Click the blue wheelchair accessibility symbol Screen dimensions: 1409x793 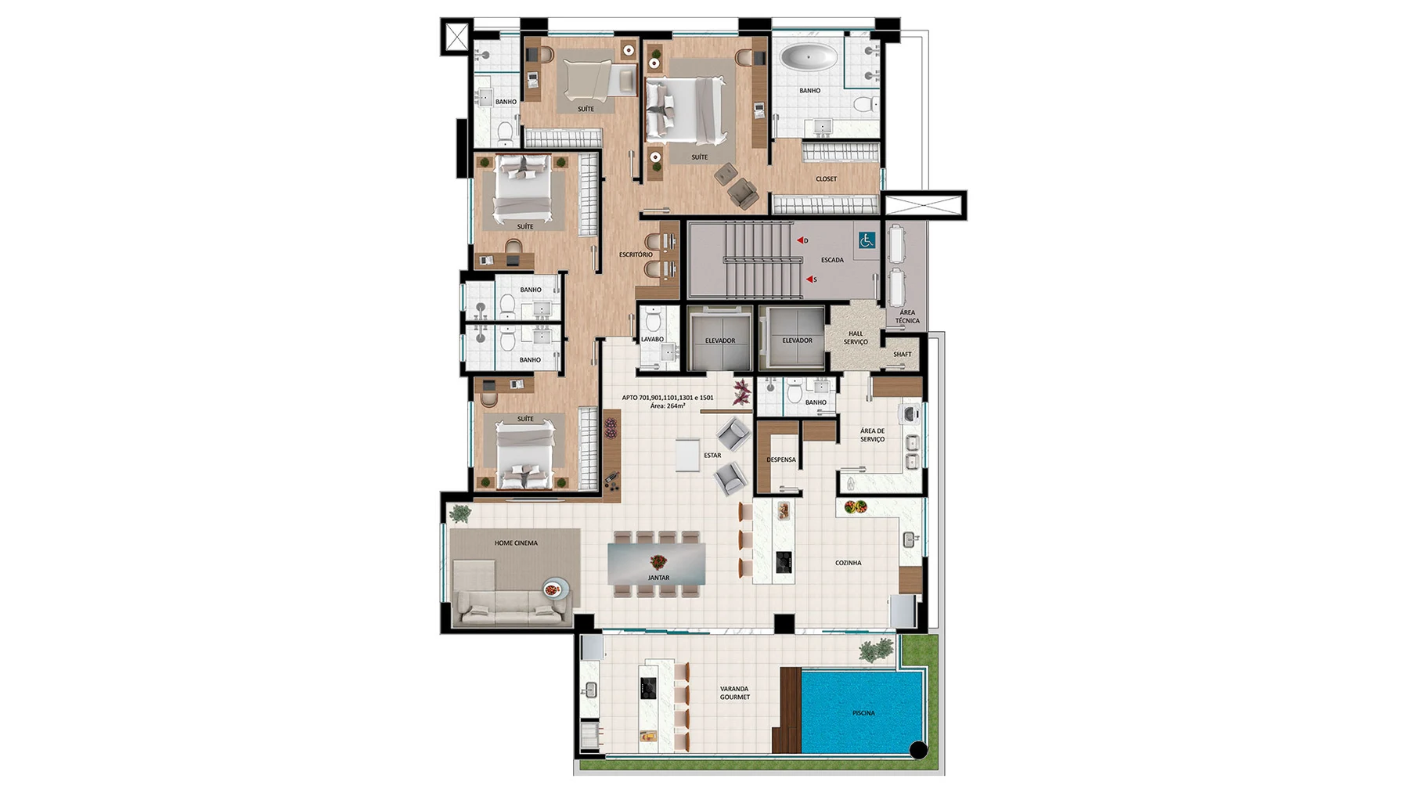866,240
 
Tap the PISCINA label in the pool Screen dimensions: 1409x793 863,713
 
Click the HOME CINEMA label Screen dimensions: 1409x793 516,542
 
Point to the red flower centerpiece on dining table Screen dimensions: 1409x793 658,561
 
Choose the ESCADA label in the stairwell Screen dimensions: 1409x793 832,260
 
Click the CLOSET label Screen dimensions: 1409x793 826,179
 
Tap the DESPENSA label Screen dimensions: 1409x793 781,460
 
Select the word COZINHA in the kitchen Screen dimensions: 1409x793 848,563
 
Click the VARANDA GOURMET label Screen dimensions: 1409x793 735,693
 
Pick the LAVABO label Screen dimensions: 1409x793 652,339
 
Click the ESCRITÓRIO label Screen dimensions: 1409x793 636,254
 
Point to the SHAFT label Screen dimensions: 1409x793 903,354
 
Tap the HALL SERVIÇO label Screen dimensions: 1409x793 856,337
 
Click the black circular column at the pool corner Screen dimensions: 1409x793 918,750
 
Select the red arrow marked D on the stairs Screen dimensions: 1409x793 801,240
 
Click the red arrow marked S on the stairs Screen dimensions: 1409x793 810,279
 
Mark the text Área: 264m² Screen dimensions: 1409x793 668,406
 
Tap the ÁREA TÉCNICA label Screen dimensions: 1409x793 907,316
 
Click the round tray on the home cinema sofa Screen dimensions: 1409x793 555,589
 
